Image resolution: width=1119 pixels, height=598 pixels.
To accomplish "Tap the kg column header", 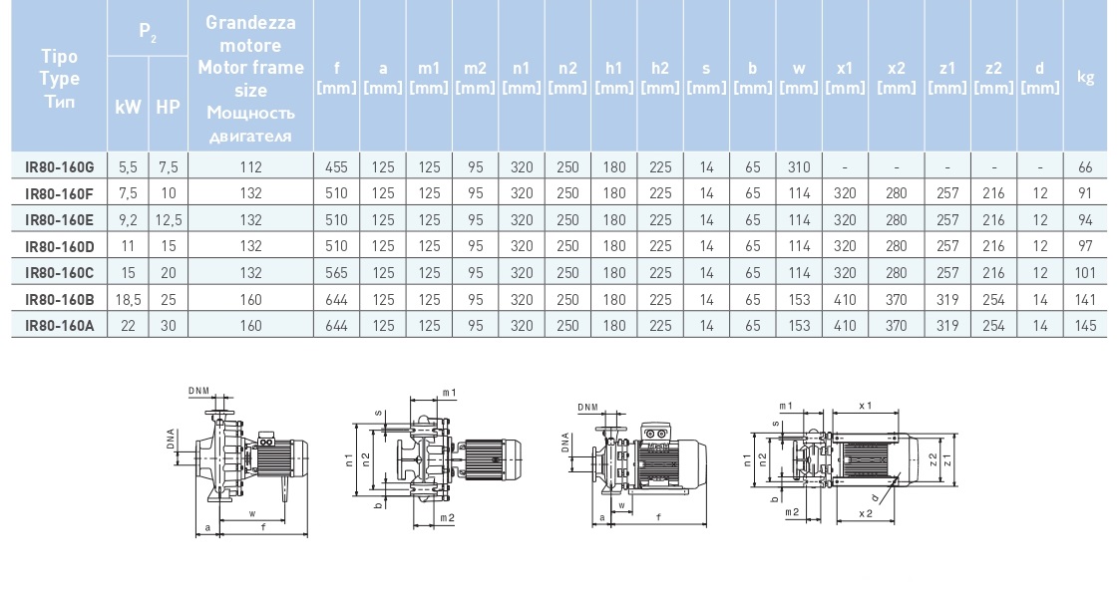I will (1086, 77).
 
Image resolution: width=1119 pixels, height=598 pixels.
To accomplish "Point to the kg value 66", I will (1086, 167).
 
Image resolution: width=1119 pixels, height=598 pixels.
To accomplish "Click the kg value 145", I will (1086, 326).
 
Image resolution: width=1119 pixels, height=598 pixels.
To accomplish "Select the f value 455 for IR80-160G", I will (337, 167).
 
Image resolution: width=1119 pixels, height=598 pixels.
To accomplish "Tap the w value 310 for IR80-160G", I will (799, 167).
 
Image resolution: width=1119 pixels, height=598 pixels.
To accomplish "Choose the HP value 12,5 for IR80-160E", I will (168, 220).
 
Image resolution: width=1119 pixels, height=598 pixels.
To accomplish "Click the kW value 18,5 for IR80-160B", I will (129, 300).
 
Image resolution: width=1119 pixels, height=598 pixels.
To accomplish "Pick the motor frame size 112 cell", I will (250, 167).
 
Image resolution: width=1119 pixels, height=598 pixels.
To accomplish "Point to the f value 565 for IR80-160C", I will (337, 273).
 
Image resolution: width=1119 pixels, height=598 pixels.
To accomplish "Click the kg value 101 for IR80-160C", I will (1086, 273).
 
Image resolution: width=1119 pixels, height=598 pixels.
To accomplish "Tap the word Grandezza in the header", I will (250, 22).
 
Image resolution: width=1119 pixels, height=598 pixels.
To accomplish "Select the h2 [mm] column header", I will (660, 77).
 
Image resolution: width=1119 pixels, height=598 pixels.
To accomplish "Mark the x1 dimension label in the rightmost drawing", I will (865, 407).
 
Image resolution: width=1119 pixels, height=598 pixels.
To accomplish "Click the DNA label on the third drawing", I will (565, 443).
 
